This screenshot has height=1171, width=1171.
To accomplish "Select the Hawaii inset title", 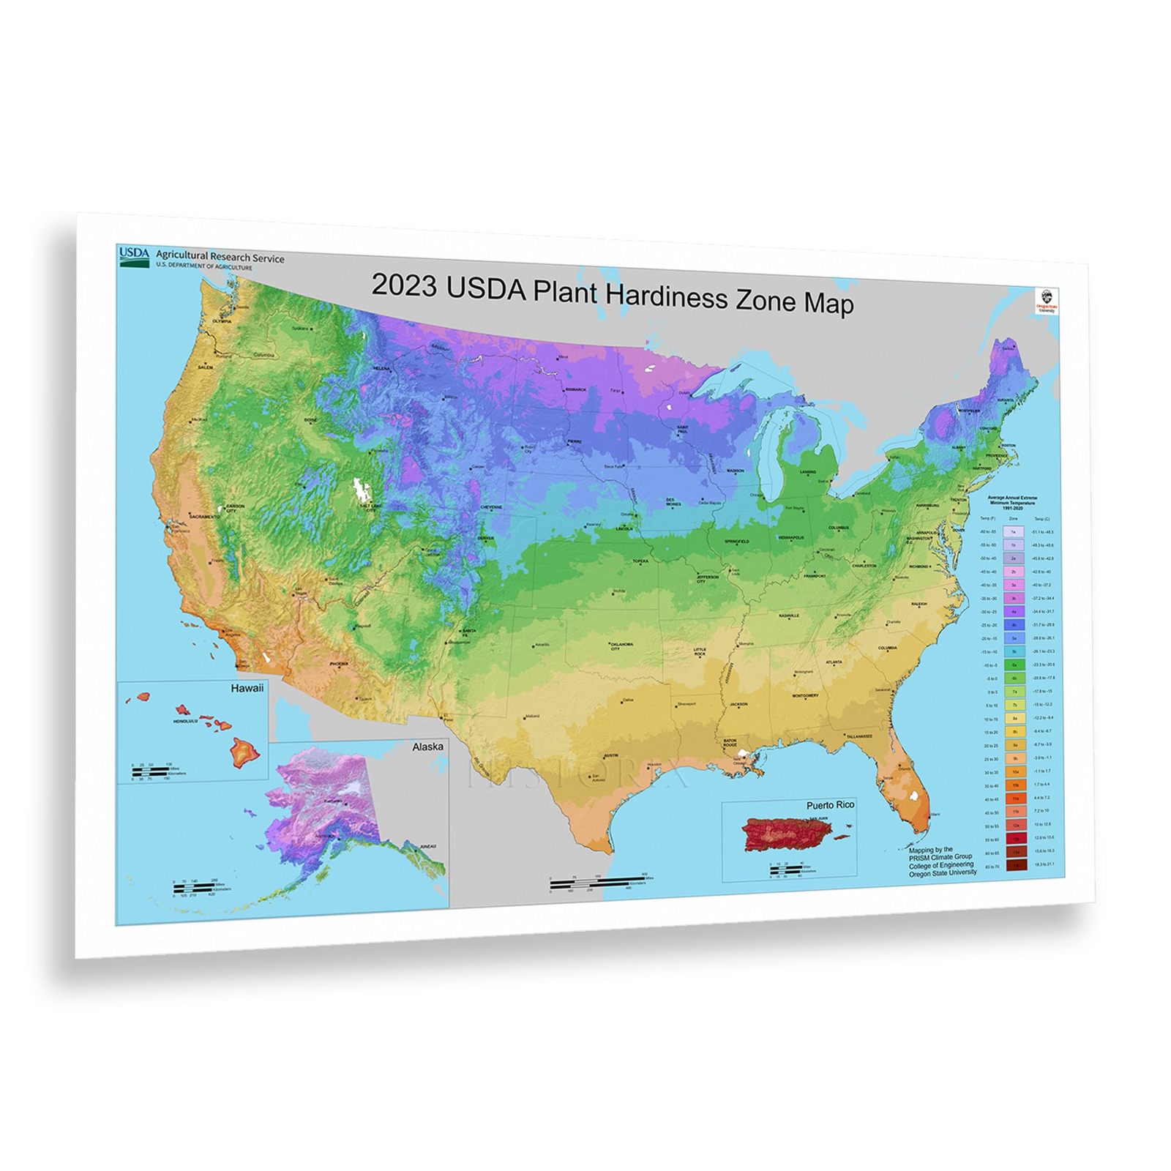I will [x=247, y=689].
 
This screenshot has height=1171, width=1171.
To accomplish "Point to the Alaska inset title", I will [x=427, y=747].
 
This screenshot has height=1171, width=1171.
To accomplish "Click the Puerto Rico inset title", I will [x=830, y=804].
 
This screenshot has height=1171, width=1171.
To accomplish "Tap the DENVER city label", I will [x=486, y=538].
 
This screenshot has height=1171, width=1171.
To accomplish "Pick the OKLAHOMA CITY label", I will [x=621, y=646].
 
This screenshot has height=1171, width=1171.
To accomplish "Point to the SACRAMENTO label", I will [x=203, y=517].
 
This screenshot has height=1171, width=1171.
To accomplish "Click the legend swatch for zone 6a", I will [x=1014, y=665].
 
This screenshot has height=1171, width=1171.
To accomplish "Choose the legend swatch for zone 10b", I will [x=1014, y=785].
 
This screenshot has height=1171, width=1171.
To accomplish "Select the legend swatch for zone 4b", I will [x=1014, y=625].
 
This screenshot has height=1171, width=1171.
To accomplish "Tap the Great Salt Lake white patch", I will [x=359, y=491].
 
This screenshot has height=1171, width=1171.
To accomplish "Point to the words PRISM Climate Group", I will [x=940, y=857].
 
